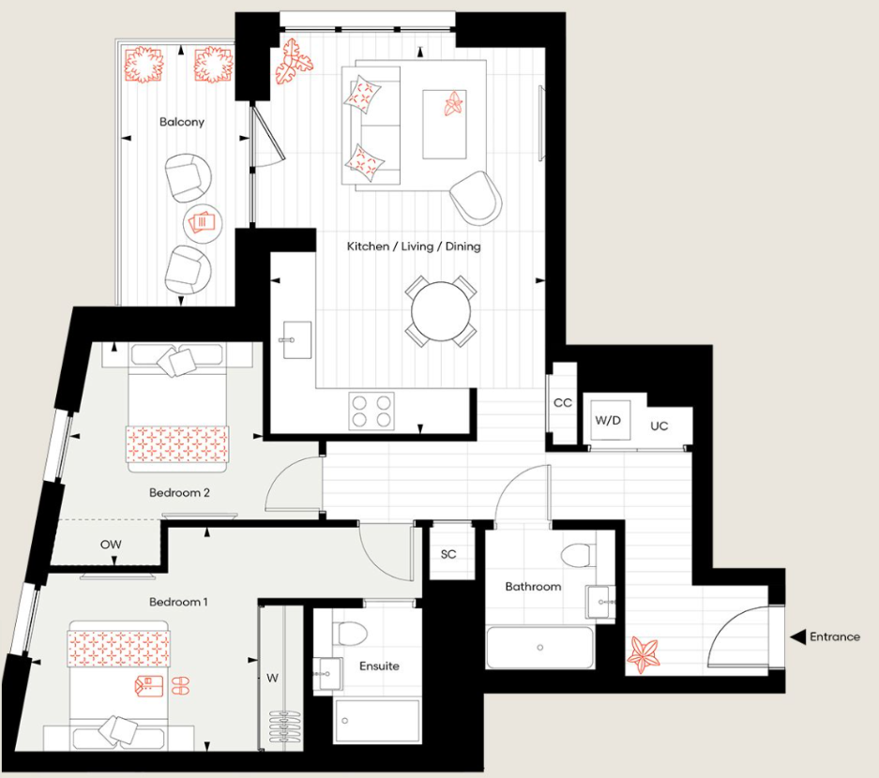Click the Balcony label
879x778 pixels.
click(181, 122)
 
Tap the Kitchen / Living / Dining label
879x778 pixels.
click(414, 247)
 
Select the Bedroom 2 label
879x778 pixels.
click(179, 492)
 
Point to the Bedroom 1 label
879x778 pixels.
click(178, 602)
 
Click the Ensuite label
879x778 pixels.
click(379, 666)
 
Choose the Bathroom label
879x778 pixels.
click(533, 587)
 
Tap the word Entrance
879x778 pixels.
click(835, 637)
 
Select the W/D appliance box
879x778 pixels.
click(608, 421)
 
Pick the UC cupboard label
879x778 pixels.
click(659, 426)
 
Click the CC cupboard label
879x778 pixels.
click(563, 403)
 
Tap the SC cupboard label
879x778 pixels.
click(448, 554)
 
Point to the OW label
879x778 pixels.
click(111, 545)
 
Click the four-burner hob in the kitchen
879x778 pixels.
click(371, 411)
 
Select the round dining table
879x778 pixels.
click(441, 310)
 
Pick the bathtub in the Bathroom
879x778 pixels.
click(539, 647)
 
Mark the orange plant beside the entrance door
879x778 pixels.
click(644, 653)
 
